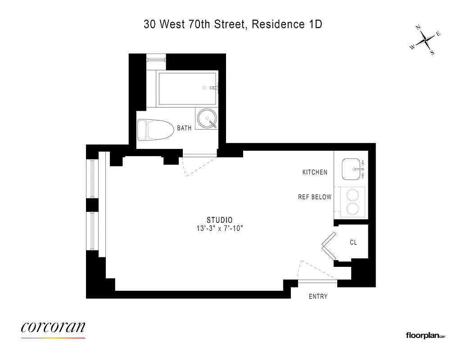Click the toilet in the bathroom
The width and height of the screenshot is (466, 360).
tap(155, 129)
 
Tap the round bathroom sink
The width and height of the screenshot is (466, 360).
tap(206, 119)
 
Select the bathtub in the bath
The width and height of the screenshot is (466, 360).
tap(187, 88)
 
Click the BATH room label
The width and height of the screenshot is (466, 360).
tap(184, 128)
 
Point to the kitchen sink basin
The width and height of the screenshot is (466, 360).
tap(353, 169)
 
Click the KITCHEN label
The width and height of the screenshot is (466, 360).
tap(315, 172)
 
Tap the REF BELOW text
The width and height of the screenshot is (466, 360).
tap(315, 197)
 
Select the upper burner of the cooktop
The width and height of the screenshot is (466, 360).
tap(352, 195)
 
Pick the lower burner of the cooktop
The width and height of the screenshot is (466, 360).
tap(352, 209)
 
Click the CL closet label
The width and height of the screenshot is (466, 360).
tap(353, 243)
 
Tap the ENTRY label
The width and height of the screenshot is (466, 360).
tap(318, 297)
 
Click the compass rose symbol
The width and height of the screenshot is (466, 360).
tap(425, 41)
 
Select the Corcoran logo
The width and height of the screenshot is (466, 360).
tap(53, 328)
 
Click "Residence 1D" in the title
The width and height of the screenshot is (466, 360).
tap(287, 25)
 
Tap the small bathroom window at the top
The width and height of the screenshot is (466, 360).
tap(156, 58)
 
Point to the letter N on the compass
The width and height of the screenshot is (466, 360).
tap(418, 28)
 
